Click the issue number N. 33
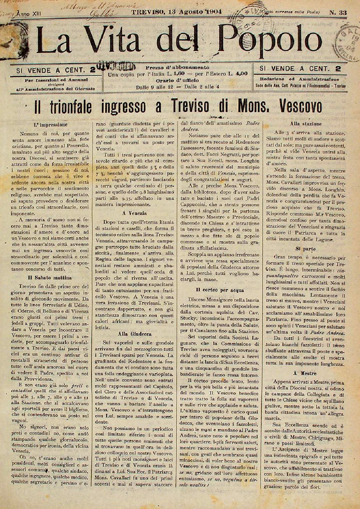(338, 13)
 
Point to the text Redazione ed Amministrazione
(297, 79)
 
